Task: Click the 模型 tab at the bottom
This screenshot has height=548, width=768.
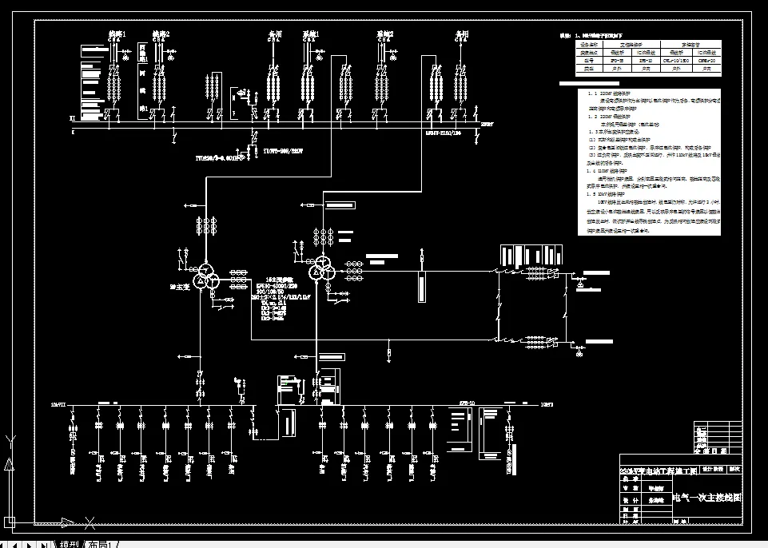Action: [x=70, y=544]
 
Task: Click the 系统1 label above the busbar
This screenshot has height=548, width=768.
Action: [x=311, y=34]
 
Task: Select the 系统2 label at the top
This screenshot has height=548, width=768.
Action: [x=385, y=34]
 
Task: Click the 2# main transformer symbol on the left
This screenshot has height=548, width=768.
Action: [x=207, y=273]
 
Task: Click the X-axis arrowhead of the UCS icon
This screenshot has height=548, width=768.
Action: [x=90, y=523]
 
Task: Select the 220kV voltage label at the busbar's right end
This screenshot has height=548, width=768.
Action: [x=487, y=125]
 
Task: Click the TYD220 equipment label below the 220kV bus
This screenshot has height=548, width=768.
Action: [x=220, y=157]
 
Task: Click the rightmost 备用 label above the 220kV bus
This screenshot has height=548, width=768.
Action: [x=461, y=34]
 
